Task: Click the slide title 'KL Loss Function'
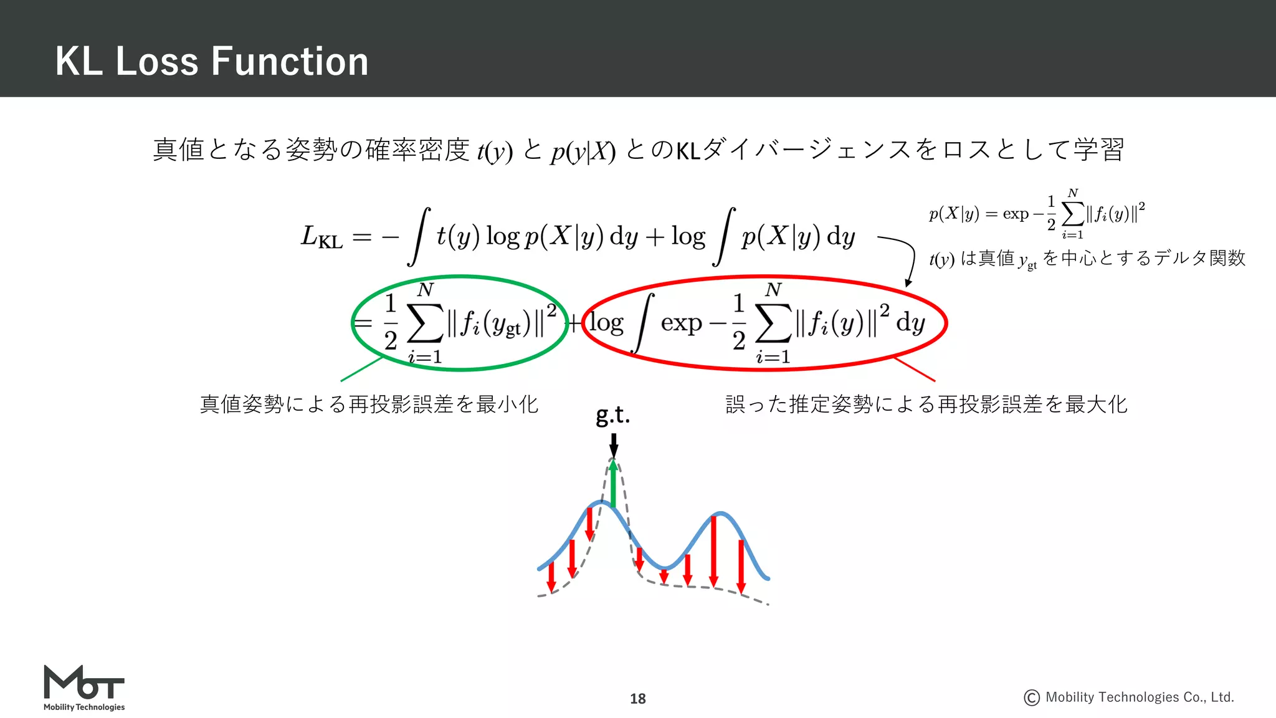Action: [212, 61]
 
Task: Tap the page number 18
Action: [637, 699]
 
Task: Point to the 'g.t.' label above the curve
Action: [613, 415]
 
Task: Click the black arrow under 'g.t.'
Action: [614, 445]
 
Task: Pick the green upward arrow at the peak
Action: [614, 483]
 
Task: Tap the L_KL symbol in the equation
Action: [321, 237]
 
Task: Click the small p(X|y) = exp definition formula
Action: [1037, 214]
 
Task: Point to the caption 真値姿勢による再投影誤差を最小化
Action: [369, 404]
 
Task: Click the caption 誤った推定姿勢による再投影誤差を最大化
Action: [926, 404]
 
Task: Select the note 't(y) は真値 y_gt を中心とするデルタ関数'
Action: [1087, 259]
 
